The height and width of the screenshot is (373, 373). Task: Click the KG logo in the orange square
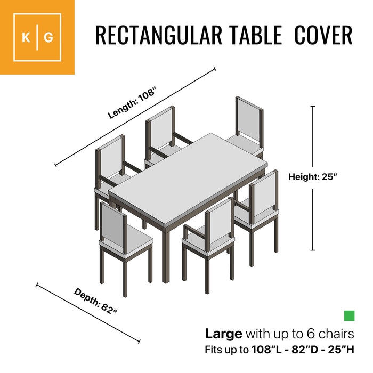pos(37,37)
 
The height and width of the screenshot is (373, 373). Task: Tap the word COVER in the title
pos(323,35)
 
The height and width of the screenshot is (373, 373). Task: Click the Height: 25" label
pos(313,177)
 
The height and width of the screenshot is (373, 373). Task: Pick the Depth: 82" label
pos(95,301)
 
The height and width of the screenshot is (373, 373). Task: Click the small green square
pos(349,316)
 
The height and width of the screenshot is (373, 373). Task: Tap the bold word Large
pos(224,335)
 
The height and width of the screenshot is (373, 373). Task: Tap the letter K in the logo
pos(26,38)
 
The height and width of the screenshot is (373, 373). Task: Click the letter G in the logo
pos(48,38)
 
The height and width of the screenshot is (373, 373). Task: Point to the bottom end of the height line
pos(313,250)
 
